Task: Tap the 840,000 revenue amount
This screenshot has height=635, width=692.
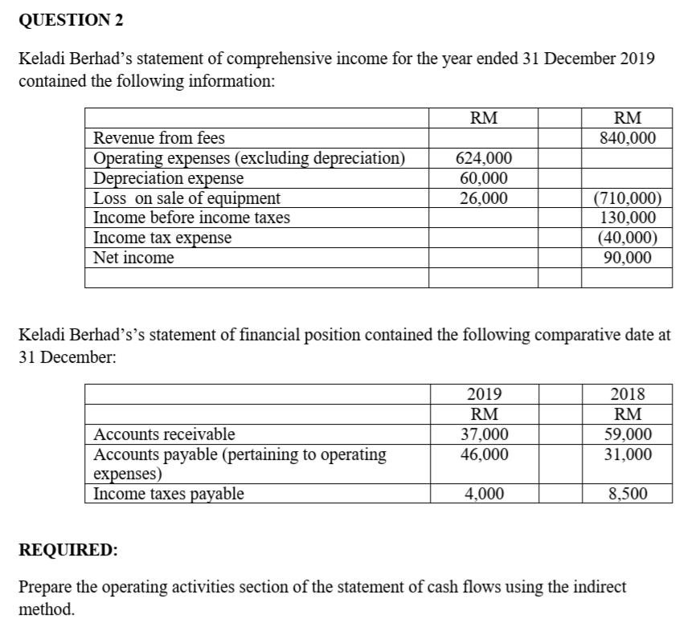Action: (628, 138)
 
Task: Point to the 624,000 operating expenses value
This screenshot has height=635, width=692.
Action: (482, 158)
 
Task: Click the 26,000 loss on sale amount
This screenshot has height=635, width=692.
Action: (482, 197)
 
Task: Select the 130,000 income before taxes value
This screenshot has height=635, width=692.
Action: (628, 218)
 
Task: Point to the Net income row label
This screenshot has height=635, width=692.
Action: (133, 258)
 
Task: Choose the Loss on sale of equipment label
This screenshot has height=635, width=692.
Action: (187, 197)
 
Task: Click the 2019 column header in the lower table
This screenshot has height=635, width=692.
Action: (483, 394)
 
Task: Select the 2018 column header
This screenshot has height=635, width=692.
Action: (628, 394)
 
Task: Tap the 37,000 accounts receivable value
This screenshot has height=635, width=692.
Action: (483, 434)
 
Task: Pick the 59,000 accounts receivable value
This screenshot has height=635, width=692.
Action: (628, 434)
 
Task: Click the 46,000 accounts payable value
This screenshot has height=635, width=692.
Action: (483, 454)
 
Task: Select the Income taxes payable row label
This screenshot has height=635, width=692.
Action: (169, 495)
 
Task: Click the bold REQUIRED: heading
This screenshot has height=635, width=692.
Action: (67, 551)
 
